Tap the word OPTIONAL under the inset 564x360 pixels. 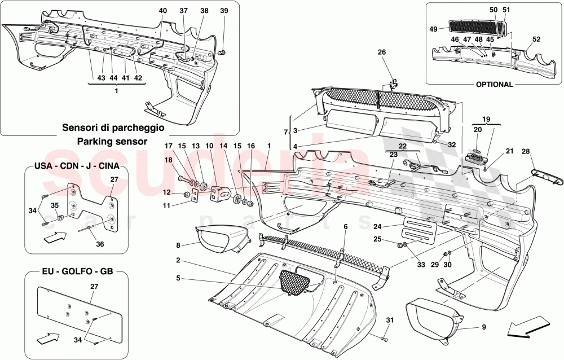[x=494, y=85]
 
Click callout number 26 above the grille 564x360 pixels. [x=382, y=52]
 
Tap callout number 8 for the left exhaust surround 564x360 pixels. [x=178, y=245]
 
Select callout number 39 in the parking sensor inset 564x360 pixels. [x=224, y=11]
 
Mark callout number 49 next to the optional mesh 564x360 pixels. [x=434, y=29]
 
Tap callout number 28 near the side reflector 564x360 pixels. [x=525, y=152]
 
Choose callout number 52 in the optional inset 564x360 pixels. [x=536, y=39]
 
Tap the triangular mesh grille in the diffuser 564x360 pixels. [x=296, y=280]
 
